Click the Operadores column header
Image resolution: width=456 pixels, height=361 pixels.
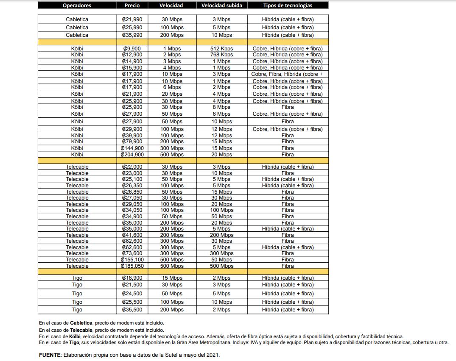pyautogui.click(x=77, y=6)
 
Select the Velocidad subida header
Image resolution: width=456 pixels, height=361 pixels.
pyautogui.click(x=222, y=6)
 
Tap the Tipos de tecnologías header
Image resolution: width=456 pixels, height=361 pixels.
pyautogui.click(x=288, y=6)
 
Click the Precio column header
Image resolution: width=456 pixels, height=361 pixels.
pyautogui.click(x=132, y=6)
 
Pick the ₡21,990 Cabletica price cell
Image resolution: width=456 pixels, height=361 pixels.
pyautogui.click(x=132, y=19)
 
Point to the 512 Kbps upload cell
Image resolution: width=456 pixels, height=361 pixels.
pyautogui.click(x=222, y=49)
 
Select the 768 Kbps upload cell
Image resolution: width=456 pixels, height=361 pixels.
pyautogui.click(x=222, y=55)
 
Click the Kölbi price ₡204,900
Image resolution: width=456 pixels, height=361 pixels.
pyautogui.click(x=132, y=155)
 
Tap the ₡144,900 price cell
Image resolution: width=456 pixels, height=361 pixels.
pyautogui.click(x=132, y=148)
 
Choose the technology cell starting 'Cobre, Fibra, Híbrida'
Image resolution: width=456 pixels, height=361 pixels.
pyautogui.click(x=288, y=74)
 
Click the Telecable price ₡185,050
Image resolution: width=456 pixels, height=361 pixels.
pyautogui.click(x=132, y=266)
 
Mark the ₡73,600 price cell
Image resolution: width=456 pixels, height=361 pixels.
pyautogui.click(x=132, y=253)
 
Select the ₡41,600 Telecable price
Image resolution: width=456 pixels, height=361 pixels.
pyautogui.click(x=132, y=235)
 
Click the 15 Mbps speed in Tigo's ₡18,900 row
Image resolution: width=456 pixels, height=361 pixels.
pyautogui.click(x=172, y=278)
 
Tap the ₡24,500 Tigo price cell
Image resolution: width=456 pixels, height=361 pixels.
pyautogui.click(x=132, y=294)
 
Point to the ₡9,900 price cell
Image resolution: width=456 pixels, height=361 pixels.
pyautogui.click(x=132, y=49)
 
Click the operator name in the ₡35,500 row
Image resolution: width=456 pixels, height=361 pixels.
pyautogui.click(x=77, y=310)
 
